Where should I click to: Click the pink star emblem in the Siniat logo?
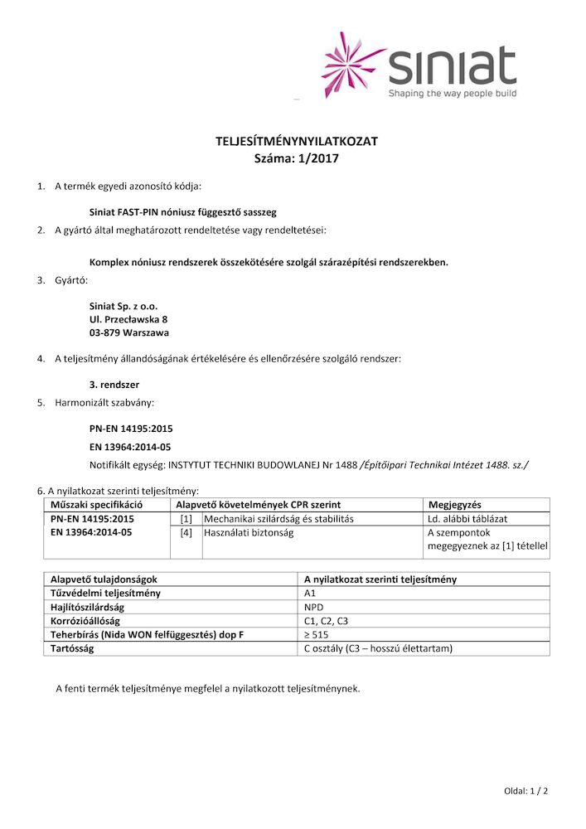pyautogui.click(x=353, y=64)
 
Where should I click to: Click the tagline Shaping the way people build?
pyautogui.click(x=453, y=94)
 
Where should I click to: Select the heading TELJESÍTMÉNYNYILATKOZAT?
pyautogui.click(x=296, y=142)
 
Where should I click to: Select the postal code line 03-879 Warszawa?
pyautogui.click(x=128, y=333)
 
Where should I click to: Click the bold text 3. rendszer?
pyautogui.click(x=114, y=385)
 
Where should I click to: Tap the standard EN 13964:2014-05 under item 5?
pyautogui.click(x=130, y=447)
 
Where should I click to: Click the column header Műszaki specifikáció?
pyautogui.click(x=97, y=504)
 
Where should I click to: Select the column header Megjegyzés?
pyautogui.click(x=455, y=504)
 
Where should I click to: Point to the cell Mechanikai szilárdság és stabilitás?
pyautogui.click(x=278, y=519)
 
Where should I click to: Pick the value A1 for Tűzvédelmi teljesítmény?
pyautogui.click(x=311, y=594)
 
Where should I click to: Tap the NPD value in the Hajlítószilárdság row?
pyautogui.click(x=313, y=608)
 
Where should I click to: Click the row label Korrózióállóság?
pyautogui.click(x=86, y=621)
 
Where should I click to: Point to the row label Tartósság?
pyautogui.click(x=72, y=648)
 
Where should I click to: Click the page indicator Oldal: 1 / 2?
pyautogui.click(x=525, y=791)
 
